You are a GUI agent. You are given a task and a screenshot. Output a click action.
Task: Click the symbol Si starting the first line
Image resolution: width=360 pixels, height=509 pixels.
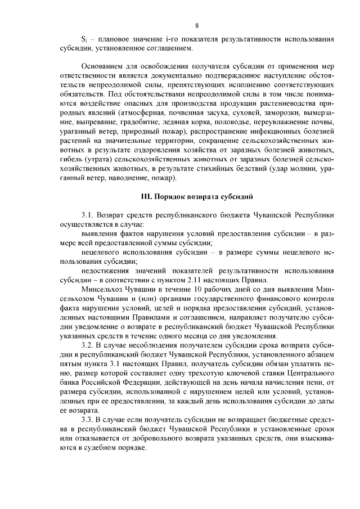point(84,40)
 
